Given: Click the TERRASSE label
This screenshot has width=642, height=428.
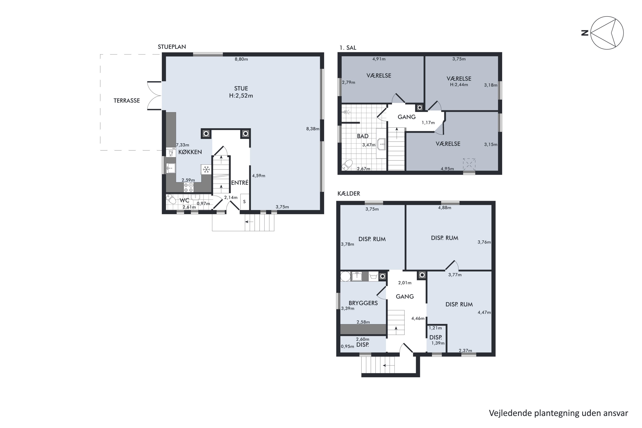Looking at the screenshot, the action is [127, 100].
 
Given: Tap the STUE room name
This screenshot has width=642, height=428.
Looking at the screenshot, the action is [241, 88].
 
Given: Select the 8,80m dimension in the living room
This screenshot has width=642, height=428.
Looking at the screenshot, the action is [241, 59].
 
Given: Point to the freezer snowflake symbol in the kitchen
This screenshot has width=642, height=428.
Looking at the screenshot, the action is [206, 169].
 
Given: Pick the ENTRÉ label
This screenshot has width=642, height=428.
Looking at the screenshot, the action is [240, 183].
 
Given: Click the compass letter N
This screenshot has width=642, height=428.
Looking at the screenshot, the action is [585, 33].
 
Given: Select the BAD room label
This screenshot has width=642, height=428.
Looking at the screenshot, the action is [363, 136].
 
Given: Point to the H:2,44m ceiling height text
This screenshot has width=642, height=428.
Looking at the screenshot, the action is [459, 85].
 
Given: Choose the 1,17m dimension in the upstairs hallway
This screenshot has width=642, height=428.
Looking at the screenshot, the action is [428, 123].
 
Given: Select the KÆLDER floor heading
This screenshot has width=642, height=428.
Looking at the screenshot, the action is [349, 193].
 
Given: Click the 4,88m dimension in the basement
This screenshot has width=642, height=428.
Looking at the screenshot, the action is [445, 207].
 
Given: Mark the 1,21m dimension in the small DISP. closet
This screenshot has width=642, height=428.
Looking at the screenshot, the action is [435, 328].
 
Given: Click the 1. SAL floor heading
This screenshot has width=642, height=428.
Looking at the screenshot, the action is [348, 48].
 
